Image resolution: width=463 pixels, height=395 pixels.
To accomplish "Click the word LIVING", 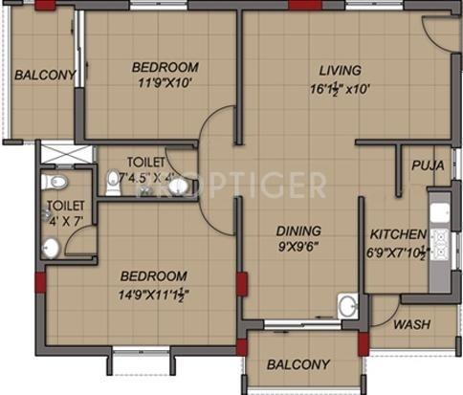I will pos(341,70).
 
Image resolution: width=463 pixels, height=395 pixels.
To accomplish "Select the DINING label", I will pos(298,230).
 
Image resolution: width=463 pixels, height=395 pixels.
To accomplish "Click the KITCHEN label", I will pos(398,233).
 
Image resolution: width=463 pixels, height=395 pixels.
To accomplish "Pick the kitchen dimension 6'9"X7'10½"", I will pos(398,252).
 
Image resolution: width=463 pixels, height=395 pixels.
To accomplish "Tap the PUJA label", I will pos(427,165).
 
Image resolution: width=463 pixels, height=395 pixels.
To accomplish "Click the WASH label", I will pos(412,323).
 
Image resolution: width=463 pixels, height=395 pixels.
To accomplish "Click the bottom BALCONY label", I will pos(298,364).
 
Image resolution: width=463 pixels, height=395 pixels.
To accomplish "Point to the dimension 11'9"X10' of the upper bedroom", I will pos(165,84).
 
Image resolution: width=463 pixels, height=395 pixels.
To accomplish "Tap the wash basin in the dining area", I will pos(348,307).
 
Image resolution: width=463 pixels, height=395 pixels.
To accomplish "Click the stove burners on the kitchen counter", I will pos(440,238).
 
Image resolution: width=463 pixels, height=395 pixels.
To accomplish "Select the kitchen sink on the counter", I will pos(441,211).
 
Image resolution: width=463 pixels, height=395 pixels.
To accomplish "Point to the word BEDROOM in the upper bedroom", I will pos(165,67).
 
